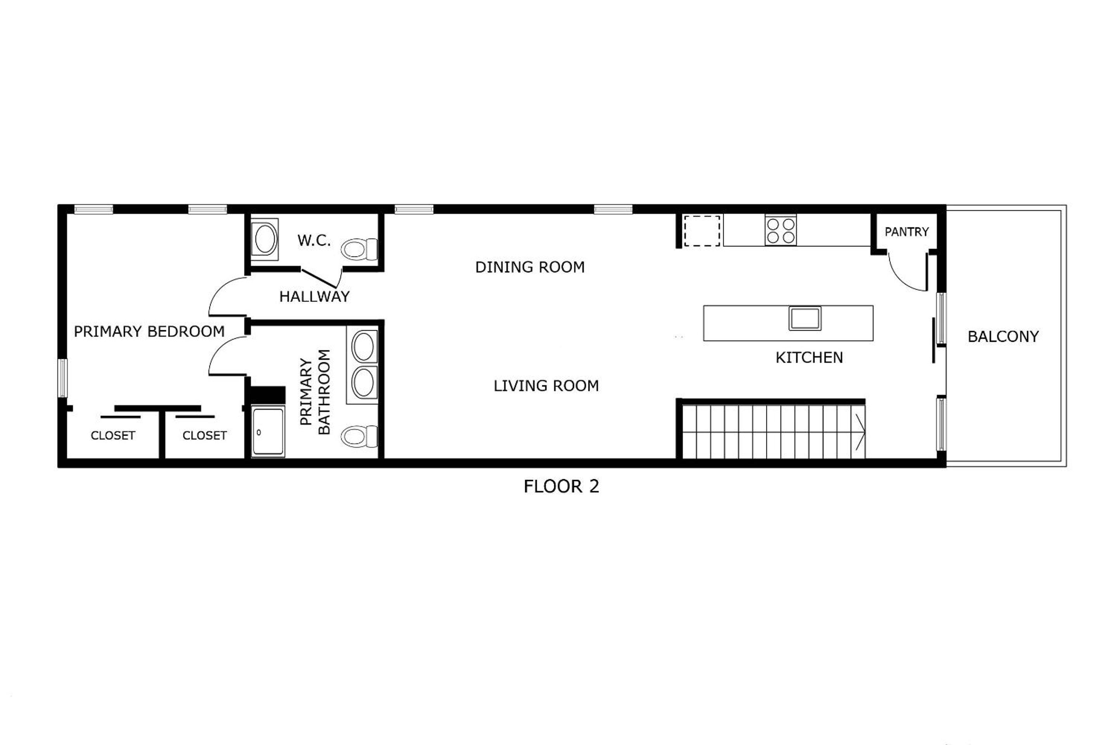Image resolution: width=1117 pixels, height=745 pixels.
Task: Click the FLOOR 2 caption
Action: (x=561, y=487)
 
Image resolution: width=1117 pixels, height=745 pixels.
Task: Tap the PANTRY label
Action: (x=907, y=232)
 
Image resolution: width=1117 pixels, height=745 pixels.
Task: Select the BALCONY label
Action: (x=1003, y=336)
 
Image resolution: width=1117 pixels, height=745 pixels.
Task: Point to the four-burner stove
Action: (x=781, y=230)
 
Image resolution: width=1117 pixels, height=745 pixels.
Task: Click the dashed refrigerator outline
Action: (x=702, y=230)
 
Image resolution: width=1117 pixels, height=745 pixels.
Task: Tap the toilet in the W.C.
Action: (x=359, y=249)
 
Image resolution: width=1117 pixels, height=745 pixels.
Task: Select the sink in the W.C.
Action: (x=265, y=239)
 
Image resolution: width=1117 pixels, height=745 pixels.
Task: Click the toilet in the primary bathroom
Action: (x=359, y=436)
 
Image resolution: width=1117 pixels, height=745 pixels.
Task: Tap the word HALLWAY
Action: (x=315, y=296)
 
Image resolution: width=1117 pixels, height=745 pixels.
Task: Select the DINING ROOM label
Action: (x=530, y=267)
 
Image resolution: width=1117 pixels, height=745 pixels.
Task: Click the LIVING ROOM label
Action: (x=546, y=386)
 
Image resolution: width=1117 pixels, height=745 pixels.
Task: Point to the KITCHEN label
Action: (x=809, y=357)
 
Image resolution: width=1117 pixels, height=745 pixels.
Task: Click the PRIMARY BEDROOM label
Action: (x=149, y=331)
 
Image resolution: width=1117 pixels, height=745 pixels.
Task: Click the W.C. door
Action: (x=321, y=279)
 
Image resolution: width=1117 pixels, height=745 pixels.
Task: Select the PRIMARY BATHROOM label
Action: (x=315, y=392)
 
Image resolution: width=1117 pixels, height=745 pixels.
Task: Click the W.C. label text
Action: (x=314, y=241)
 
